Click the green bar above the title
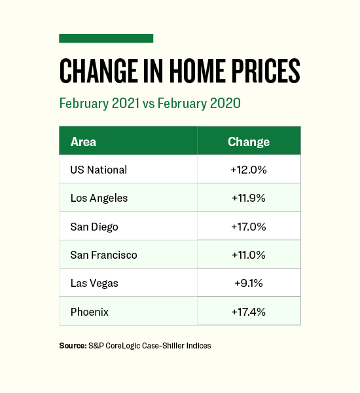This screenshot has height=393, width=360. click(x=106, y=39)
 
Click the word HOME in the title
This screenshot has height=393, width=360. click(x=197, y=71)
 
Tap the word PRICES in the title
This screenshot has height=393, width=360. click(x=266, y=71)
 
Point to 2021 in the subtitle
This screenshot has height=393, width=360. click(x=125, y=103)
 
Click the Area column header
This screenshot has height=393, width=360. click(x=83, y=142)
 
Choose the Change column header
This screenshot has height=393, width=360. click(x=249, y=142)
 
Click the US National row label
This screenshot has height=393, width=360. click(x=99, y=170)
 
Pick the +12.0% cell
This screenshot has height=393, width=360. click(x=249, y=170)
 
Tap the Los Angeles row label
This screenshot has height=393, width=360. click(x=99, y=198)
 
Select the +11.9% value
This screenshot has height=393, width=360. click(x=249, y=198)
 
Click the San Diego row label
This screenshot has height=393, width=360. click(x=94, y=227)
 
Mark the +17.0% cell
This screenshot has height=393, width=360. click(x=249, y=227)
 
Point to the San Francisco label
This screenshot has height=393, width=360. click(x=103, y=255)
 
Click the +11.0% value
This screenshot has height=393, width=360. click(x=249, y=255)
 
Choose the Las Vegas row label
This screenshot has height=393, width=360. click(x=94, y=284)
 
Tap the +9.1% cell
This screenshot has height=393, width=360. click(x=249, y=284)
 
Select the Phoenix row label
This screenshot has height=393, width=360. click(x=90, y=312)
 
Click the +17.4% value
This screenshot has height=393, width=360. click(x=249, y=312)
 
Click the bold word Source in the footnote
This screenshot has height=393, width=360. click(x=73, y=346)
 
